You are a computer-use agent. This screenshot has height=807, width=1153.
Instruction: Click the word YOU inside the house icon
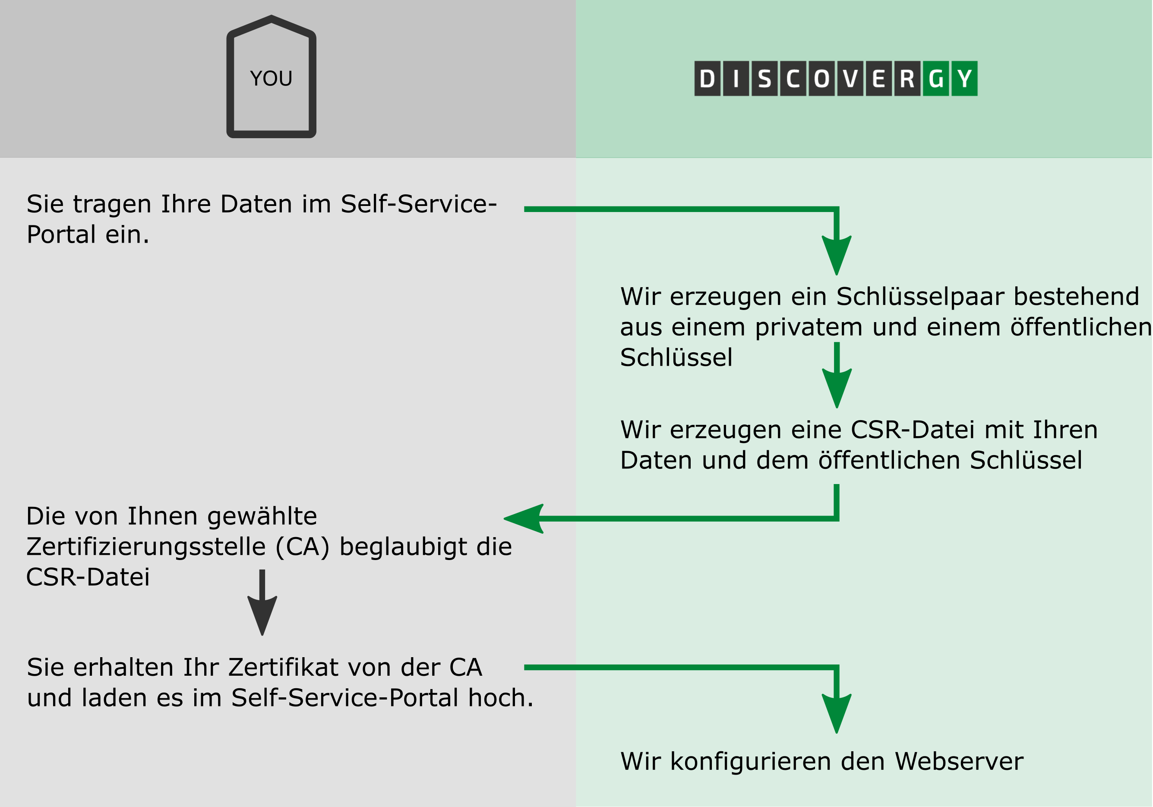(x=271, y=78)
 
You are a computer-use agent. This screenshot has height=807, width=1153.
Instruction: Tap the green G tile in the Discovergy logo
(x=935, y=78)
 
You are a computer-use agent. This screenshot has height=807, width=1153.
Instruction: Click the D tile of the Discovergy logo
(x=707, y=78)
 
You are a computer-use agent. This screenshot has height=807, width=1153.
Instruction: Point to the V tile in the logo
(x=850, y=78)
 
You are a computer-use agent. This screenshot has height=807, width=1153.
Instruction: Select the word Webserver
(x=959, y=761)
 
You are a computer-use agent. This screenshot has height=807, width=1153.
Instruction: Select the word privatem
(x=809, y=327)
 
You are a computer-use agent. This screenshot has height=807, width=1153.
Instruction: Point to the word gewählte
(x=262, y=516)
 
